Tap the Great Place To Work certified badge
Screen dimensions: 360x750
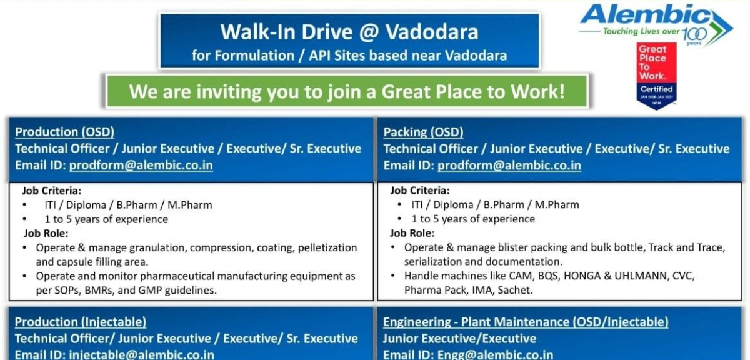point(656,76)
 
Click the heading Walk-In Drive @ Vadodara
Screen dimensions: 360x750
point(349,31)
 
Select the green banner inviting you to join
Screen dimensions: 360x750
point(347,92)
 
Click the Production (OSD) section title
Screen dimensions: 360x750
point(65,132)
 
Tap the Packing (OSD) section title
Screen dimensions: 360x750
point(423,132)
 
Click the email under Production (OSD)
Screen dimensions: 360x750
point(141,166)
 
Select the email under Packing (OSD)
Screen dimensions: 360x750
point(509,166)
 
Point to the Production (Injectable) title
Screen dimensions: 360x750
point(81,322)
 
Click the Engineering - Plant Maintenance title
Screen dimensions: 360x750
point(526,322)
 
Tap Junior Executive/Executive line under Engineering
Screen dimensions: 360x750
point(459,339)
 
